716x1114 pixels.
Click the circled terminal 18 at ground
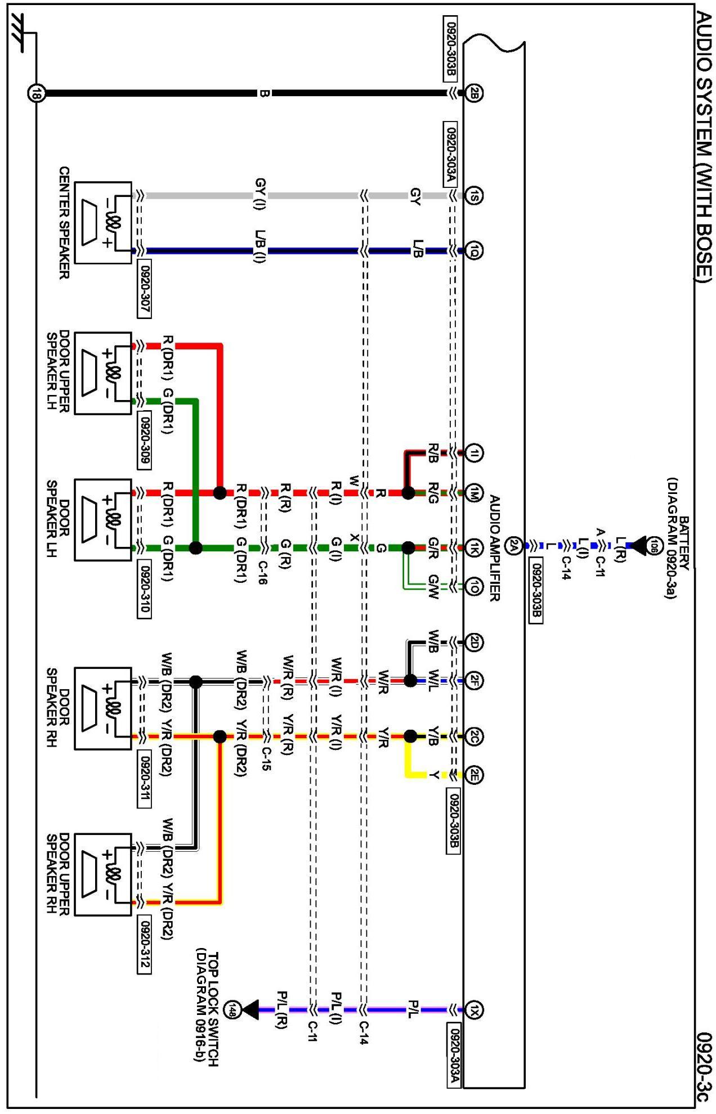[x=35, y=93]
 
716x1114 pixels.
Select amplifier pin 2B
[x=475, y=93]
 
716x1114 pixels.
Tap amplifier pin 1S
[x=475, y=195]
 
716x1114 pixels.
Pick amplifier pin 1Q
[x=475, y=250]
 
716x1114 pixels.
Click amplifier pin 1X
[x=475, y=1010]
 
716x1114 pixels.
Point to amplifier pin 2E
[x=475, y=775]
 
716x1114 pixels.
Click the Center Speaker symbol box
[x=103, y=223]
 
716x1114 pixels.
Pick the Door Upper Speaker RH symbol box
[x=103, y=874]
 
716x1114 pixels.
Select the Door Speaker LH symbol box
[x=103, y=520]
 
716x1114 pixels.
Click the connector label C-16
[x=262, y=572]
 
